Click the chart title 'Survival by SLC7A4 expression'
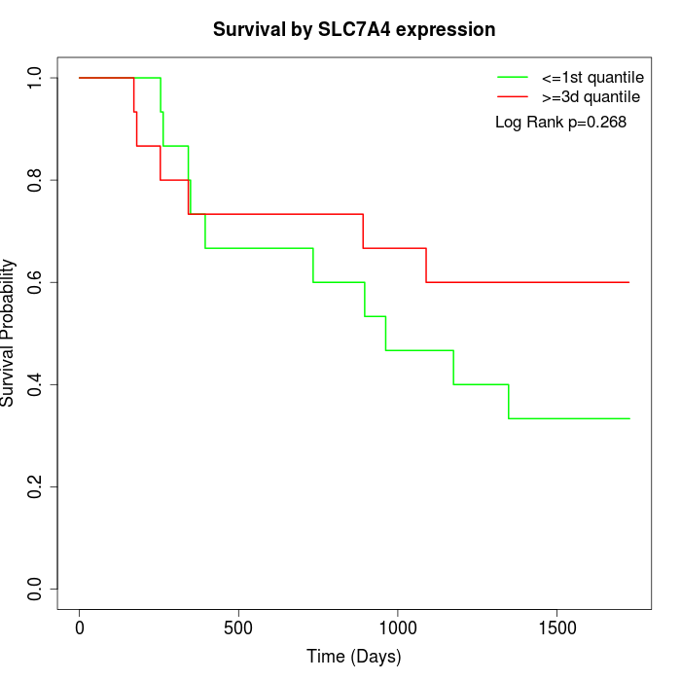click(354, 30)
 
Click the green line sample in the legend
click(512, 77)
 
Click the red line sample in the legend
click(512, 97)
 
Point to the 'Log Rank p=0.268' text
click(560, 123)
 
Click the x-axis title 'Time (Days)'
click(354, 658)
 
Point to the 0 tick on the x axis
click(80, 626)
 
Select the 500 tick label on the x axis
click(238, 626)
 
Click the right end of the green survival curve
click(628, 418)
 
